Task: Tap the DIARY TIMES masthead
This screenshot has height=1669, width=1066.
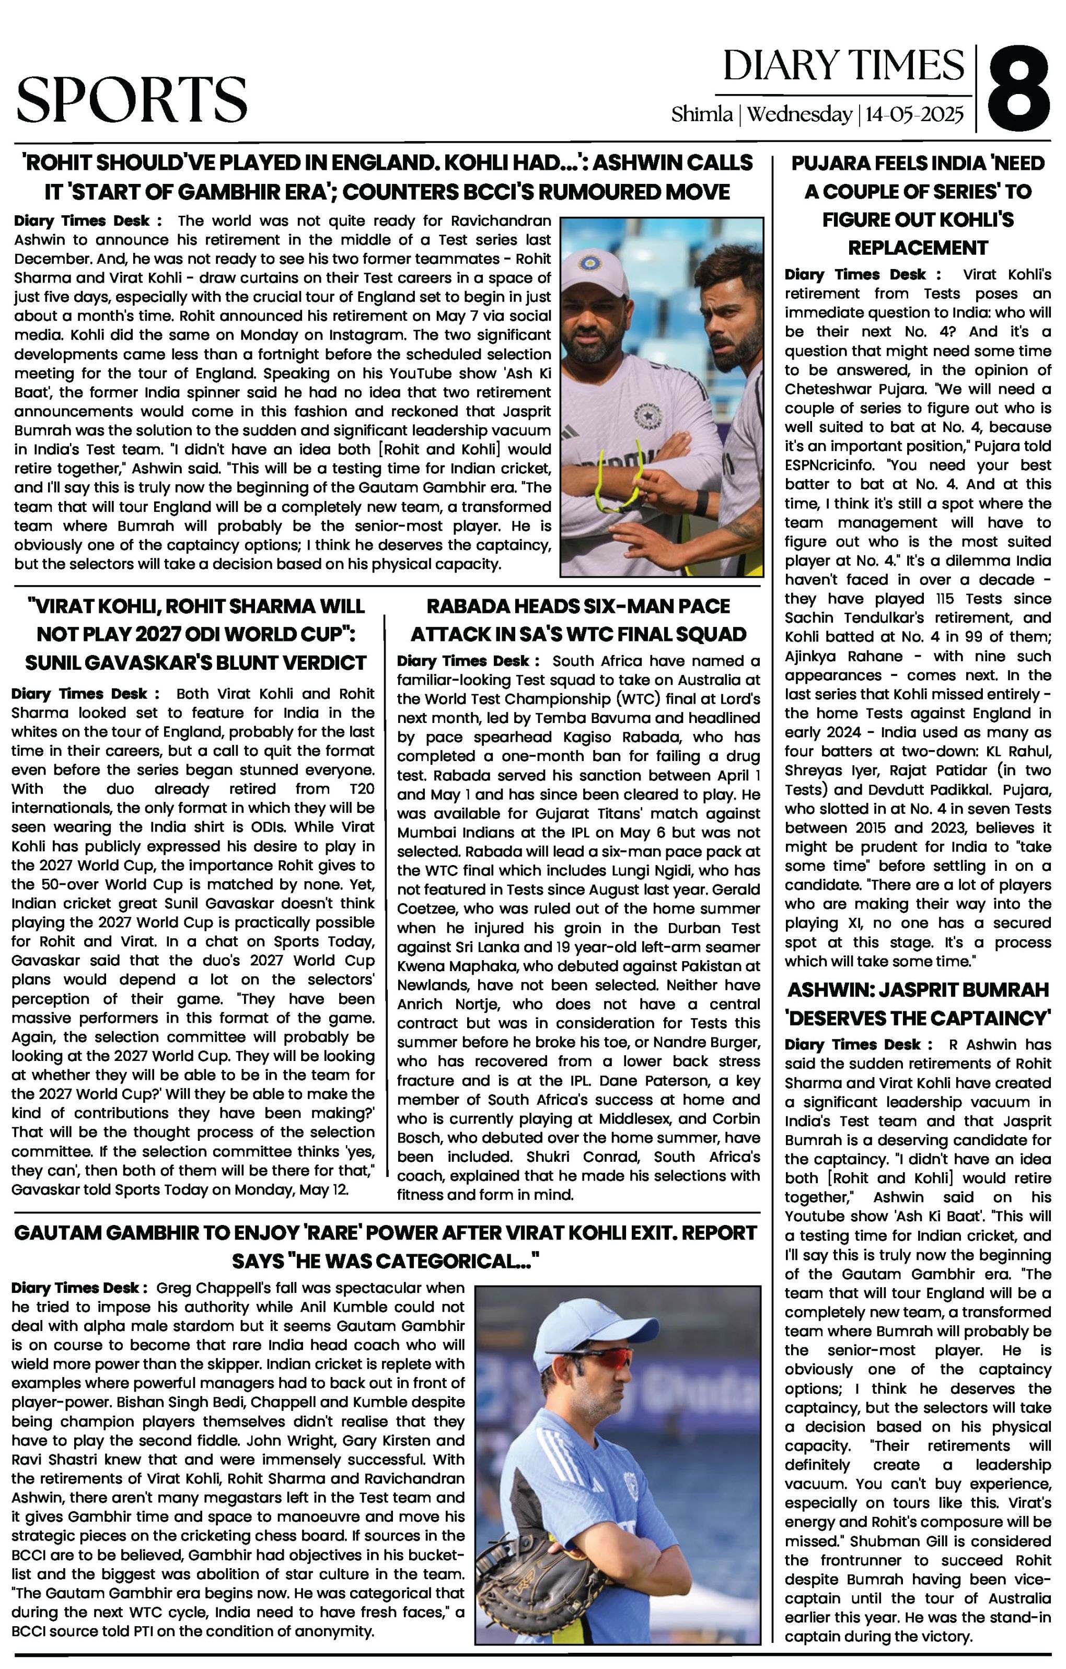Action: pyautogui.click(x=843, y=66)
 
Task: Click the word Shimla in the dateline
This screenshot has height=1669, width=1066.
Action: pyautogui.click(x=701, y=114)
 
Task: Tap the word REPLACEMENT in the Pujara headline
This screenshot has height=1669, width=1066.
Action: pyautogui.click(x=918, y=248)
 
